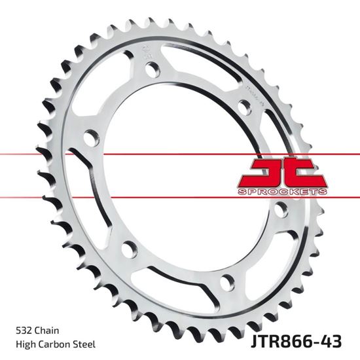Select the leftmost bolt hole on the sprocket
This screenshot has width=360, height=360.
pos(91,137)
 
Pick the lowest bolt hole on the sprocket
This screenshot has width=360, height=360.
pos(227,282)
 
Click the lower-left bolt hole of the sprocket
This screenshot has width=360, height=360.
pos(128,249)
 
